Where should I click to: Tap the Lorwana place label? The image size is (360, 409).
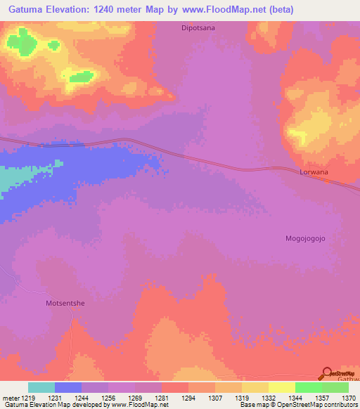tap(314, 171)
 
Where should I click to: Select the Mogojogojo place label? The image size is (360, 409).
tap(306, 238)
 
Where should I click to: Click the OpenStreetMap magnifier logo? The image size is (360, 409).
tap(326, 374)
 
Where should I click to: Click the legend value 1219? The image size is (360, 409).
tap(28, 398)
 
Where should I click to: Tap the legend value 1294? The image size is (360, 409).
tap(188, 398)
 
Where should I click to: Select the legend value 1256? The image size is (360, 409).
tap(108, 398)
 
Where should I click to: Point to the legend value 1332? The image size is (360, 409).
tap(269, 398)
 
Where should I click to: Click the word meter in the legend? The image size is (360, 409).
tap(11, 398)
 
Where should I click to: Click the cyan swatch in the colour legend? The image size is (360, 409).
tap(41, 387)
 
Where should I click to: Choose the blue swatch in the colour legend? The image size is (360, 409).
tap(68, 387)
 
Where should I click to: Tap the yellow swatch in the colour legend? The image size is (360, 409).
tap(282, 387)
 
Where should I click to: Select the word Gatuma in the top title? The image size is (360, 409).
tap(25, 9)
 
